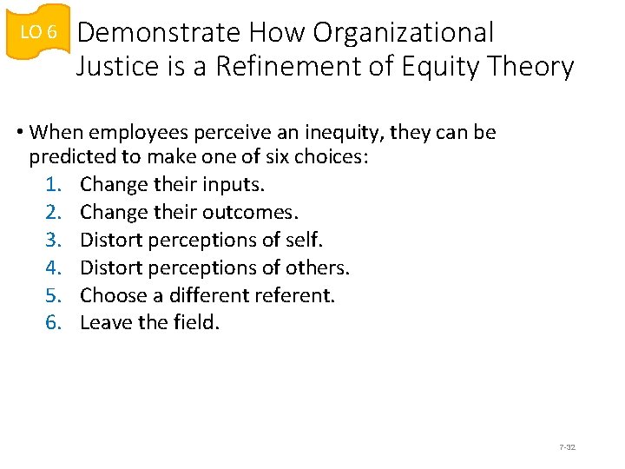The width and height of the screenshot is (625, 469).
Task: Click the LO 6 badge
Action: coord(37,32)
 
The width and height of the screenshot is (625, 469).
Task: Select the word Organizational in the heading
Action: coord(404,33)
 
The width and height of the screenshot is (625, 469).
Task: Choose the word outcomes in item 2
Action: coord(253,213)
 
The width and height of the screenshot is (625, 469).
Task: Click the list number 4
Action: coord(53,268)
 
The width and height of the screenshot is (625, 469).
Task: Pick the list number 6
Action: coord(53,323)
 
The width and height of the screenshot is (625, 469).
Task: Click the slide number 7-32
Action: coord(567,447)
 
